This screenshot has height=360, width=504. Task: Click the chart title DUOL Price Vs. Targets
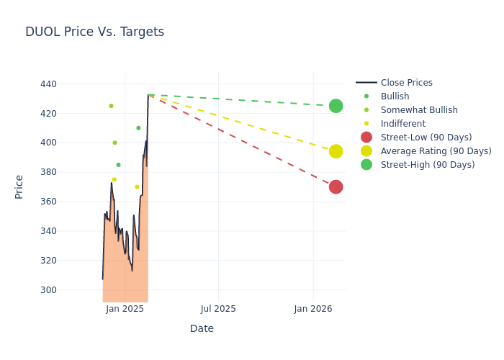94,32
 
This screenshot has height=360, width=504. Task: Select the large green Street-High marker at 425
336,106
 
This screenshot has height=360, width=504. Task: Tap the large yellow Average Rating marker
336,151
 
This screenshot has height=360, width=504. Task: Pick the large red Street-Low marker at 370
336,187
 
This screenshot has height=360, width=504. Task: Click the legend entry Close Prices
406,83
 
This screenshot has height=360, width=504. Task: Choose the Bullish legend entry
395,96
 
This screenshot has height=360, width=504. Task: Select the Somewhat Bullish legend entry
419,110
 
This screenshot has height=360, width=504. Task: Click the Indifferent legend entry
402,124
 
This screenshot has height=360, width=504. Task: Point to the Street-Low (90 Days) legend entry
426,138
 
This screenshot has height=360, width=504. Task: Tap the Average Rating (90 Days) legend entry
436,151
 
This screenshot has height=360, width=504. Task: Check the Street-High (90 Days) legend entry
428,165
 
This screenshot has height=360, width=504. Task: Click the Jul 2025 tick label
218,309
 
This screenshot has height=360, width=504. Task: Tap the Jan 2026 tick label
312,309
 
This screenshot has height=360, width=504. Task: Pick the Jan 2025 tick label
125,309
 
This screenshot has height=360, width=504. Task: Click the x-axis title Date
202,329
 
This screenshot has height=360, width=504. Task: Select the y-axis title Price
19,186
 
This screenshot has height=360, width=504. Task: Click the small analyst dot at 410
138,128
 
